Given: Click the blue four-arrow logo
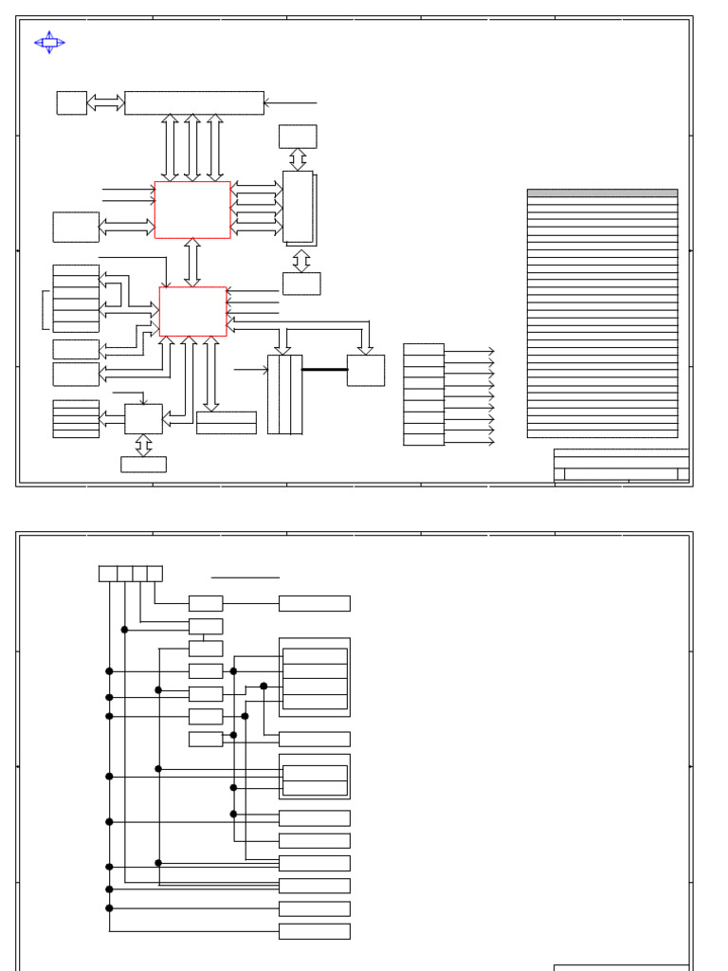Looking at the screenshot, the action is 49,42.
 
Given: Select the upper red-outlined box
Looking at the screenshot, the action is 192,210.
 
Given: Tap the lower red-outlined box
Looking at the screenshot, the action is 193,311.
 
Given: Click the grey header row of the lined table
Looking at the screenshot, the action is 602,192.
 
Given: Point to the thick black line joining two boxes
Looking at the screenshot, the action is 324,370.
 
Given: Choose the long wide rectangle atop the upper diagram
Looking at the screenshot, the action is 194,102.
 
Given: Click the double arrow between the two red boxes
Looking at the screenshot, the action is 192,262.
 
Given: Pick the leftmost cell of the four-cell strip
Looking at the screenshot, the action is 108,574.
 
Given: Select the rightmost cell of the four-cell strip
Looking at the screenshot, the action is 155,574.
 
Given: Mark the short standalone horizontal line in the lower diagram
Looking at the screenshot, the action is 246,577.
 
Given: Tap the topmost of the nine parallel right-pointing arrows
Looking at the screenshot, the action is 469,352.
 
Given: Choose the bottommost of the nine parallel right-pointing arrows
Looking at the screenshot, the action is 469,441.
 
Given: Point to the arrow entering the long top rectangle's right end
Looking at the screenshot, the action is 290,102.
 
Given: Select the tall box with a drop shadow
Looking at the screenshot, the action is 299,207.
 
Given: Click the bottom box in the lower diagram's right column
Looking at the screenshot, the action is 315,931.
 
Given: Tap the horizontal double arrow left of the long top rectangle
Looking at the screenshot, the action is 105,102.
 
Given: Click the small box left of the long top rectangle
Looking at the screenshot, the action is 72,102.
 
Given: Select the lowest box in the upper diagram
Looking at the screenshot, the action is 143,464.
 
